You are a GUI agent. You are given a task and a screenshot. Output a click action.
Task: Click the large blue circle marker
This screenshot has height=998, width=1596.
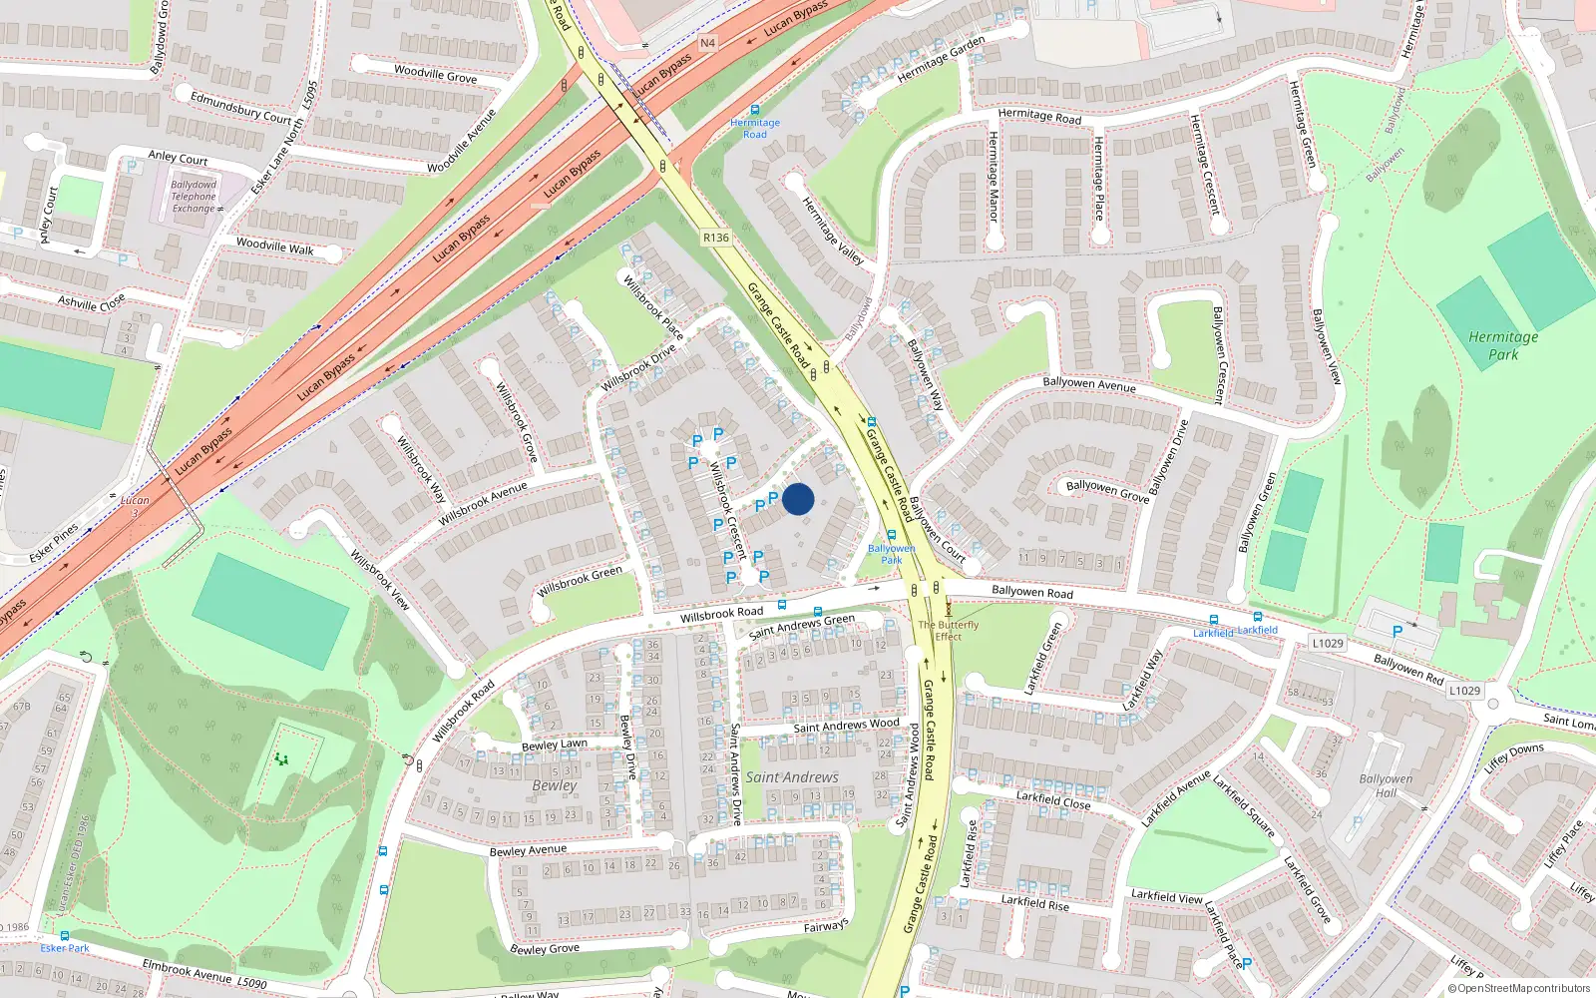[x=798, y=499]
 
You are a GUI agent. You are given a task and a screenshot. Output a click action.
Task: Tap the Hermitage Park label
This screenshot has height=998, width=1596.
[x=1503, y=345]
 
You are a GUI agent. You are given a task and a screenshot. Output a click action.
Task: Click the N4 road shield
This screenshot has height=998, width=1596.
[x=707, y=43]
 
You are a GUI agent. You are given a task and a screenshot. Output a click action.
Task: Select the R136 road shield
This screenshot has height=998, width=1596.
[x=715, y=238]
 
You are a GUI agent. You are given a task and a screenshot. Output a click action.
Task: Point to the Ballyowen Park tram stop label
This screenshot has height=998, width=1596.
[x=891, y=554]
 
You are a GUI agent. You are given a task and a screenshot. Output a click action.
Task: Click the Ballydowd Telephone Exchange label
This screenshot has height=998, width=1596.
[x=195, y=197]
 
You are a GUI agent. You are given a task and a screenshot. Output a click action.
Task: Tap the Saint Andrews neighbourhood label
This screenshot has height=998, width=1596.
[x=792, y=777]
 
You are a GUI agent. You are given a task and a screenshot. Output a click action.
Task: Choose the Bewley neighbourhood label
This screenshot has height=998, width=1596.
[x=555, y=785]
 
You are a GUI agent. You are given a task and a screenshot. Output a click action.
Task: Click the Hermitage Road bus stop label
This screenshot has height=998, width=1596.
[x=755, y=129]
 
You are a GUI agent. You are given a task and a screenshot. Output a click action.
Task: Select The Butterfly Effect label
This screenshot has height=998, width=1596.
[x=948, y=631]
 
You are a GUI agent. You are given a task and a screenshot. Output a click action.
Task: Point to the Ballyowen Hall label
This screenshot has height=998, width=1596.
[x=1386, y=785]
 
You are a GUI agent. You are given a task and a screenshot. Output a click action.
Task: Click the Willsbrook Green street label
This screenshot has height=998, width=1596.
[x=580, y=581]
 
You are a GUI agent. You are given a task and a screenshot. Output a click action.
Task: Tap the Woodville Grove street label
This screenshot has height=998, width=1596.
[x=435, y=73]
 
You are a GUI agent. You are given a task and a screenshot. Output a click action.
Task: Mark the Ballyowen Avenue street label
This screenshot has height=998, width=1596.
[x=1088, y=384]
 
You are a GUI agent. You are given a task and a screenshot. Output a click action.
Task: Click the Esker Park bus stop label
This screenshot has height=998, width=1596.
[x=66, y=948]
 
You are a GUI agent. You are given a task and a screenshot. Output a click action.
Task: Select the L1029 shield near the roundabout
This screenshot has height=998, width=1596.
[x=1464, y=690]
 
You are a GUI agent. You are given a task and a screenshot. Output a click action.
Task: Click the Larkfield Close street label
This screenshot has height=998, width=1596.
[x=1053, y=799]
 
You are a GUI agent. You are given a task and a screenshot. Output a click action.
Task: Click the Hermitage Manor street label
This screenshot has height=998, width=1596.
[x=993, y=190]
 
